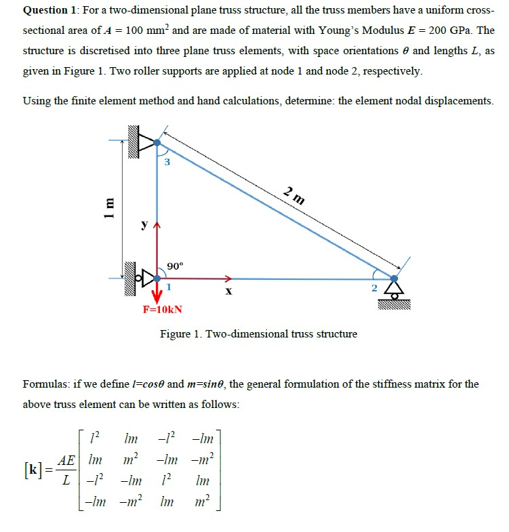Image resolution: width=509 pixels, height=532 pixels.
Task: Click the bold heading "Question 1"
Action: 51,11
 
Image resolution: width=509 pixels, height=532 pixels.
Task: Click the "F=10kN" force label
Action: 161,310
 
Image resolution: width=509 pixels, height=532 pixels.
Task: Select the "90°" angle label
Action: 174,265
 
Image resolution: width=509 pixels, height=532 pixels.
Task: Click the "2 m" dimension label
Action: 294,197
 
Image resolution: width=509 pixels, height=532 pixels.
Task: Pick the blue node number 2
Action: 373,288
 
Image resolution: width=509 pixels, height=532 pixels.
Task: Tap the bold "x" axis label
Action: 228,291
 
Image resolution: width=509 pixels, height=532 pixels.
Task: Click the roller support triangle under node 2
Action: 394,290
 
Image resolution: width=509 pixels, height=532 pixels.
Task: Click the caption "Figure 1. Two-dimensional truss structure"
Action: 258,333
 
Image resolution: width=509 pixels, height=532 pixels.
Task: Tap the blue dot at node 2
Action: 394,277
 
